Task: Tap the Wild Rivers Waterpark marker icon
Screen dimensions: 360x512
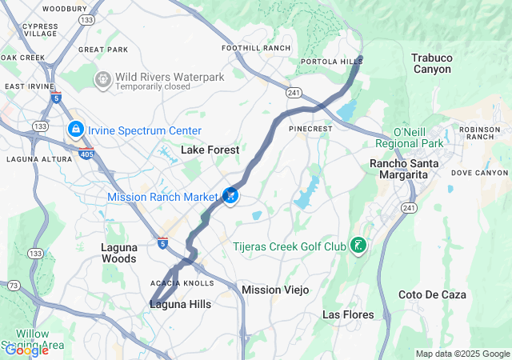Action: [102, 79]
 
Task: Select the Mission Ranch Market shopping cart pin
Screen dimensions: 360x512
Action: [230, 195]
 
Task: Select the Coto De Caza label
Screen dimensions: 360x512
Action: [432, 294]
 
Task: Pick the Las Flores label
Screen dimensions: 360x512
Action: [347, 314]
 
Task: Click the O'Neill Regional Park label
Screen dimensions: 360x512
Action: [408, 137]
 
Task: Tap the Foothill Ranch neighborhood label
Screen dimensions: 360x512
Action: [256, 48]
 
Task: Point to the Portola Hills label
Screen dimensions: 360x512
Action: [326, 62]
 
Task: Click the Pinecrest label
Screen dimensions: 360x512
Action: [310, 127]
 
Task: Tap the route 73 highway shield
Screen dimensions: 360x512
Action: [12, 285]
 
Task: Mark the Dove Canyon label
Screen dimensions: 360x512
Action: [479, 172]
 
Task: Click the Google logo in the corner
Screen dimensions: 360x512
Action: [26, 350]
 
